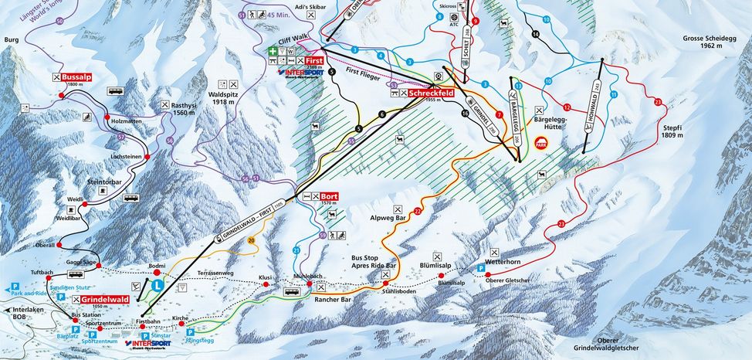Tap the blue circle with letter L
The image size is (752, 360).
pos(158,285)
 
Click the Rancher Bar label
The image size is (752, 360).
pos(336,299)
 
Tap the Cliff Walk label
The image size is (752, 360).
pos(293,44)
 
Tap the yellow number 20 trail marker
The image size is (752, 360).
pos(251,240)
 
